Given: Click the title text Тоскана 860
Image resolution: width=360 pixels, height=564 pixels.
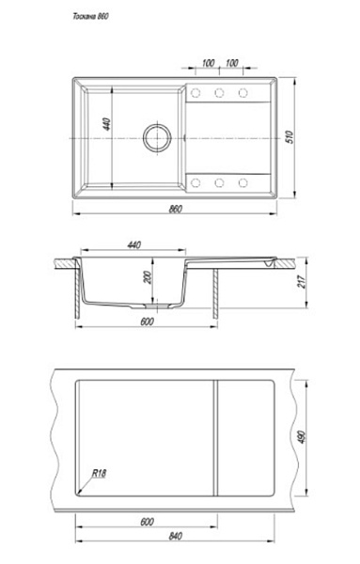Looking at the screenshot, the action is coord(90,17).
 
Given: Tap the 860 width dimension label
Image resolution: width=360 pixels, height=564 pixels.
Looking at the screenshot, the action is coord(176,209).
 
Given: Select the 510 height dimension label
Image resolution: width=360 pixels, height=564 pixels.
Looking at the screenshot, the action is coord(290,137).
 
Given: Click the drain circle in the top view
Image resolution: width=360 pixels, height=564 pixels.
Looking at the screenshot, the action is coord(157,138).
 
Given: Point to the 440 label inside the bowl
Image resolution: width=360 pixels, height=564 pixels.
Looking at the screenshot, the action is coord(107,124).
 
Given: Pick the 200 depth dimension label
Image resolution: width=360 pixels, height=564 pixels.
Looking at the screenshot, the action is coord(148,277).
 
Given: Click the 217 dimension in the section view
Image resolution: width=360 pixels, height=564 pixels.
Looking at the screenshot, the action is coord(302,282).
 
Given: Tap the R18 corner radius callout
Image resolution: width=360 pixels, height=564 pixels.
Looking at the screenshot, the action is coord(99,473).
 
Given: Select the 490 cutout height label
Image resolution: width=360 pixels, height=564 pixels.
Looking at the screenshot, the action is coord(302,437).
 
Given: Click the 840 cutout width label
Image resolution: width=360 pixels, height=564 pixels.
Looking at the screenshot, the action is coord(176,536).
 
